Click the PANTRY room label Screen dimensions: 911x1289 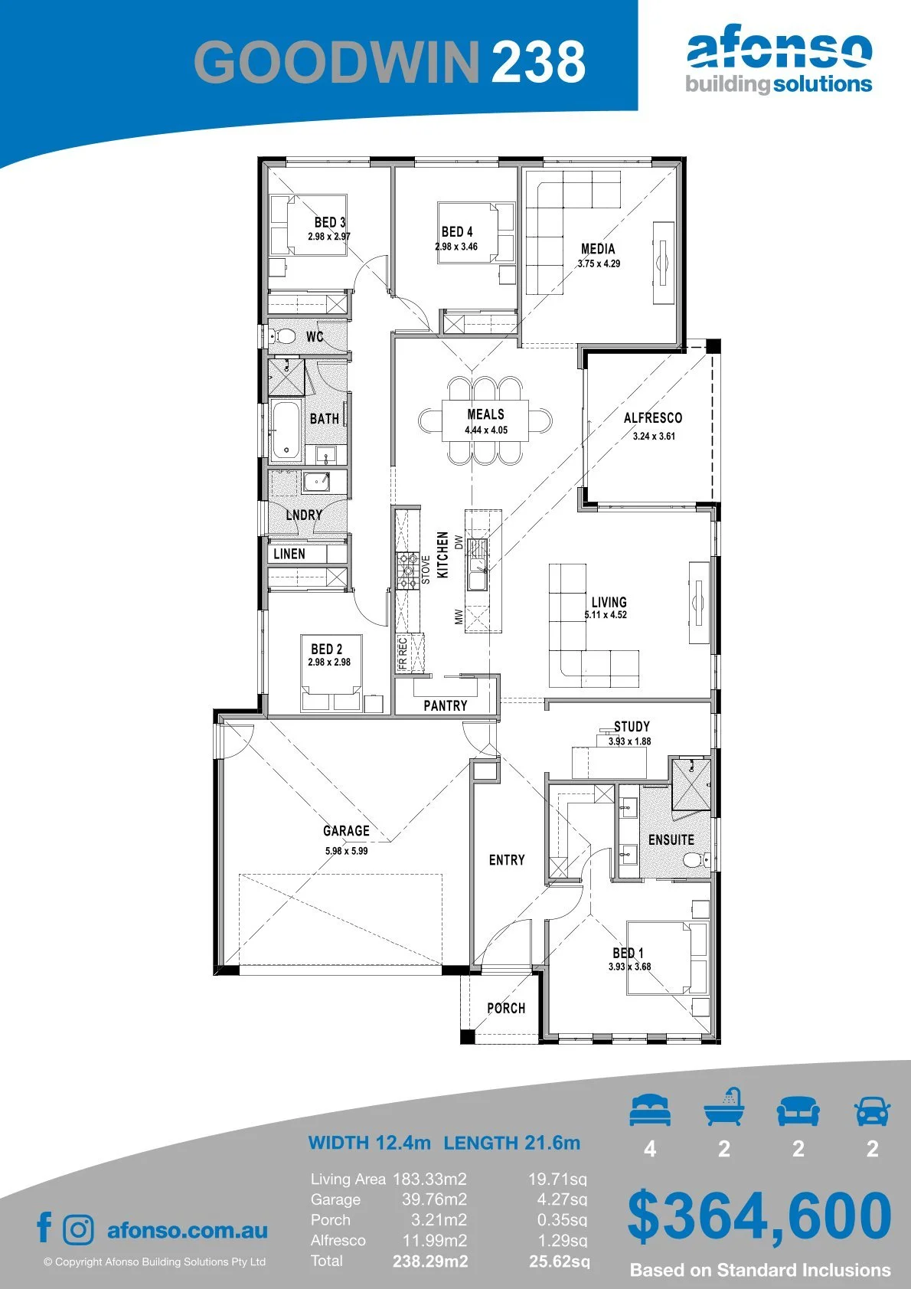click(445, 705)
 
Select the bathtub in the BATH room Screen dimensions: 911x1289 click(286, 431)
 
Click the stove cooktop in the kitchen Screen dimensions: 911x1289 click(408, 571)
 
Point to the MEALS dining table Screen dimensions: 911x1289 click(485, 420)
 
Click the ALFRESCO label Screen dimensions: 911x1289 click(653, 417)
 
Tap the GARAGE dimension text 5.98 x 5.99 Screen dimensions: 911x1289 click(346, 850)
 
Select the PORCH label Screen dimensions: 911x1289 click(506, 1008)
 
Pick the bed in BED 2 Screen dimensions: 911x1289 click(331, 673)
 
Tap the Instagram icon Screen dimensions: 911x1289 click(77, 1230)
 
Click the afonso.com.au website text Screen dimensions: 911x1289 click(188, 1230)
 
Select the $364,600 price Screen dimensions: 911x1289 click(759, 1217)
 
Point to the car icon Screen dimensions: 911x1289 click(873, 1111)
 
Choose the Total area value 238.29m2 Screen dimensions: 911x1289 click(430, 1261)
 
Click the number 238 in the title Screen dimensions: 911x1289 click(538, 62)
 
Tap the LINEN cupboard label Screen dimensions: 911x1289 click(289, 554)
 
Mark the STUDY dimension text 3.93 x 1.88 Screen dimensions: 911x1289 click(630, 741)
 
